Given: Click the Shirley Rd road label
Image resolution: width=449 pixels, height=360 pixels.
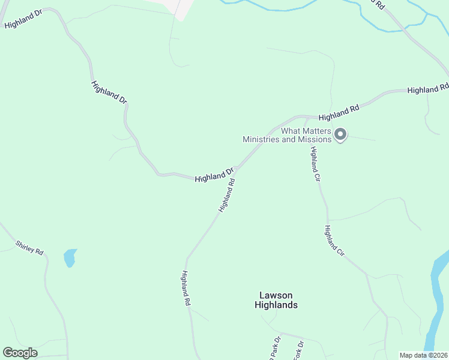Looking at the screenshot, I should (x=29, y=248).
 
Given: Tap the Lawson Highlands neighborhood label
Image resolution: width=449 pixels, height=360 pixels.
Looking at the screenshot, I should (x=276, y=300).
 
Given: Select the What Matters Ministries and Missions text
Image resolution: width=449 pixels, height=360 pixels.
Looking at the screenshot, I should (x=287, y=135).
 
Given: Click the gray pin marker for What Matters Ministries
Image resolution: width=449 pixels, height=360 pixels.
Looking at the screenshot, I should (x=340, y=134).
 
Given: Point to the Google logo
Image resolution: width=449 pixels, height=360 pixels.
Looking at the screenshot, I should (x=20, y=353).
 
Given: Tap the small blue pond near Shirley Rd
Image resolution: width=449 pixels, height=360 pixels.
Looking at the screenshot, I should (x=70, y=258).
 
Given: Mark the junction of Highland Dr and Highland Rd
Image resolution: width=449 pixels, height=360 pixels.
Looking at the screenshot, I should (x=238, y=169).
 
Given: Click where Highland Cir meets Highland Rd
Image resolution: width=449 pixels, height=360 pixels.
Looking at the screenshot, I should (x=308, y=117).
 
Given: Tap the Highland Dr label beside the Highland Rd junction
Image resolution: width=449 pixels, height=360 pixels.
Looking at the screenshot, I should (x=214, y=175).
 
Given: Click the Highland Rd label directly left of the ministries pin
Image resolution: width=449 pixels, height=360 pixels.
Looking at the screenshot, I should (x=339, y=112).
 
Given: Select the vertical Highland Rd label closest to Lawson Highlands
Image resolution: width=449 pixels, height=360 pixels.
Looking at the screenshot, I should (x=185, y=289).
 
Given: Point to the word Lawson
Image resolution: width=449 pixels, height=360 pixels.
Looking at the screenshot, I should (x=276, y=295).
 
